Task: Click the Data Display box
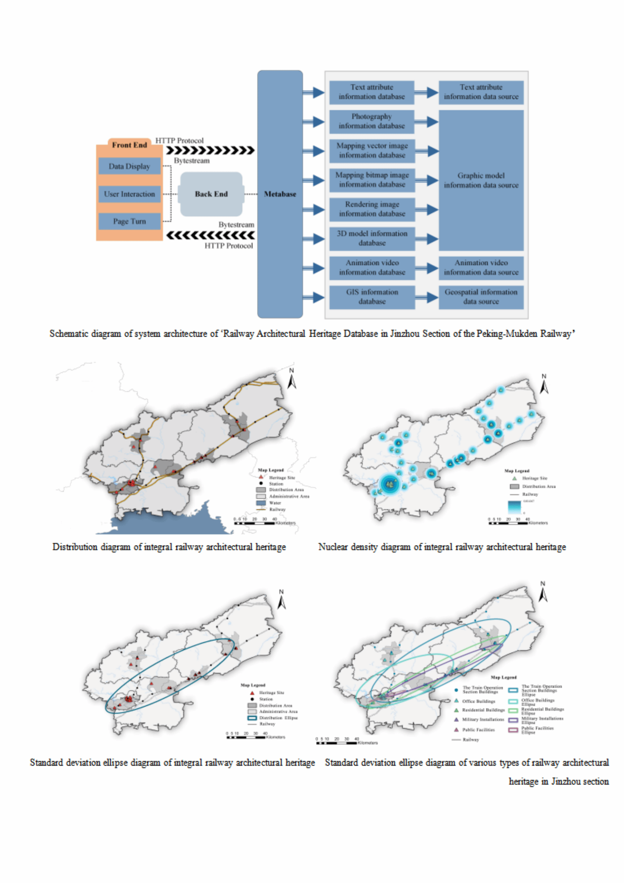point(129,166)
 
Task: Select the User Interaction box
point(129,194)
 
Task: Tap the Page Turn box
point(129,221)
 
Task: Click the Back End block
point(211,194)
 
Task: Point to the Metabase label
point(280,194)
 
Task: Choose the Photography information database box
point(371,121)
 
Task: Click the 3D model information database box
point(371,238)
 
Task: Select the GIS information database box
point(371,297)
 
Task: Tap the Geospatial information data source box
point(480,297)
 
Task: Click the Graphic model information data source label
point(480,180)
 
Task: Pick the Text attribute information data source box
point(480,92)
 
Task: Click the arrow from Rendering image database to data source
point(426,210)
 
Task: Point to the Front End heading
point(129,145)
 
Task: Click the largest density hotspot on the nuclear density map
point(390,484)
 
